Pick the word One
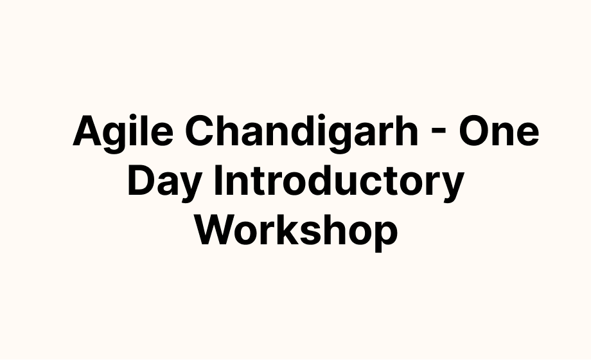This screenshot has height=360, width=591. click(498, 131)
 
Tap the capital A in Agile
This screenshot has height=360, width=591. click(88, 130)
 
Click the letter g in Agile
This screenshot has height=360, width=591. click(117, 138)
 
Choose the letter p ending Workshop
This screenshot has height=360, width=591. click(387, 236)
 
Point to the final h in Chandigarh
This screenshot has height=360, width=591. click(407, 130)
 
